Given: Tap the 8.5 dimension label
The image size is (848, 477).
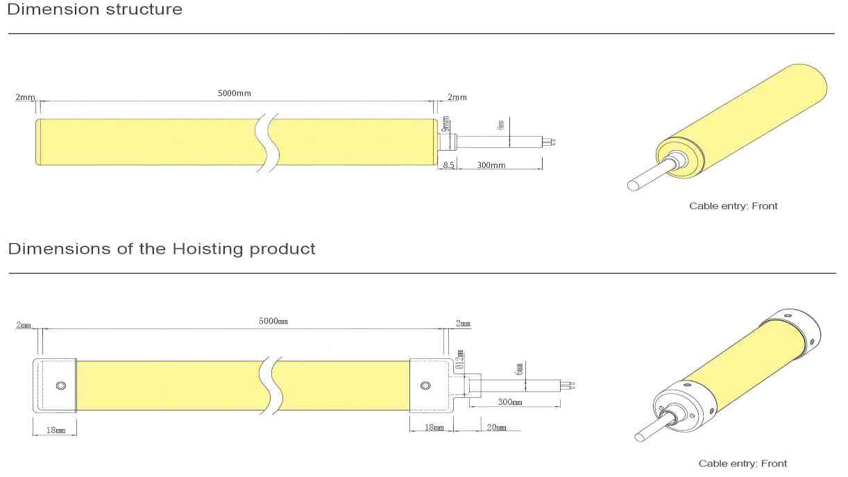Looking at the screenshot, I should tap(448, 165).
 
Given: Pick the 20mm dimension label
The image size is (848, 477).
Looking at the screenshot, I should tap(496, 427).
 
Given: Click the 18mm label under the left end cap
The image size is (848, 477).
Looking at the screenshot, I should tap(56, 430).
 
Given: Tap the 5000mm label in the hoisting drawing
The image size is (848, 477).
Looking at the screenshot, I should tap(273, 321).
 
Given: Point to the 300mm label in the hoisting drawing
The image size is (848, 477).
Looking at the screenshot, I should tap(510, 402).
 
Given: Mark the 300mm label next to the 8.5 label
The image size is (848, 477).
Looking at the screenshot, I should tap(491, 165).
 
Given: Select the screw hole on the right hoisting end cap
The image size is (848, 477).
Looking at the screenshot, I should tap(425, 385).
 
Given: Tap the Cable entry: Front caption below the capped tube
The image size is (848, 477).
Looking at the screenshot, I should tap(743, 463).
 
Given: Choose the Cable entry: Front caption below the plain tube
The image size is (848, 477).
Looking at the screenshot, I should tap(733, 206).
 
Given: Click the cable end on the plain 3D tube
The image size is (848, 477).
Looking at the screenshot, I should tap(633, 185).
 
